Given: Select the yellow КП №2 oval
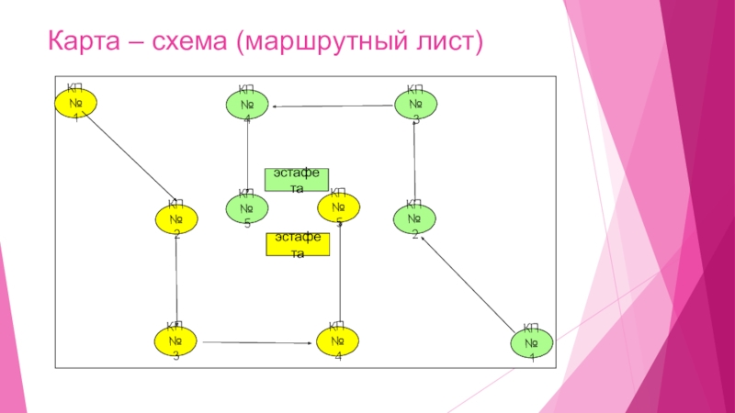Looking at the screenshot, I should pyautogui.click(x=175, y=218).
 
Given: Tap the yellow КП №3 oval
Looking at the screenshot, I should pyautogui.click(x=175, y=341).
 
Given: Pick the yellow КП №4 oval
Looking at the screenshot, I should pyautogui.click(x=337, y=341).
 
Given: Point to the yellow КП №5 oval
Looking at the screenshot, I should pyautogui.click(x=338, y=207).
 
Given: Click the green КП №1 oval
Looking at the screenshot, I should pyautogui.click(x=530, y=342).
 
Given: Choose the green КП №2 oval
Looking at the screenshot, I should pyautogui.click(x=414, y=218).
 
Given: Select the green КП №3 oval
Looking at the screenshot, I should pyautogui.click(x=416, y=103).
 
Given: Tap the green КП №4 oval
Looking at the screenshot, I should pyautogui.click(x=246, y=105).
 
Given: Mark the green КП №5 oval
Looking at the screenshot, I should pyautogui.click(x=246, y=208).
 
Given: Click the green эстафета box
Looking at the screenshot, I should pyautogui.click(x=296, y=179).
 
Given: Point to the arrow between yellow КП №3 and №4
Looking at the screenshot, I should pyautogui.click(x=256, y=342).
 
